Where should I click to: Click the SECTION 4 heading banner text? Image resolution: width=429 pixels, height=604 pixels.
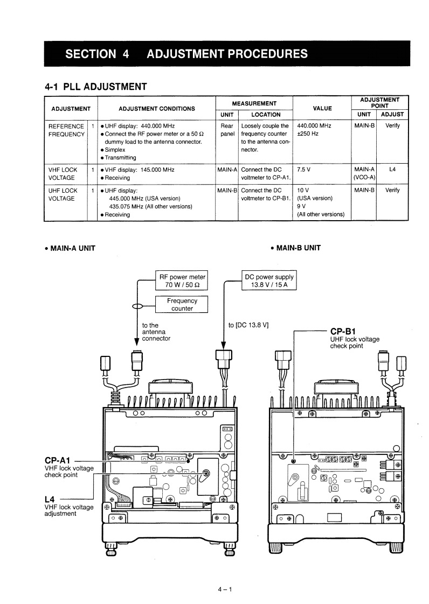click(186, 54)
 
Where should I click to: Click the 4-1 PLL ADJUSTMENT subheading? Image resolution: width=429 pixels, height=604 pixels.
click(96, 86)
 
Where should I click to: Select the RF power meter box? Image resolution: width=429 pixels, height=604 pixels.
click(182, 281)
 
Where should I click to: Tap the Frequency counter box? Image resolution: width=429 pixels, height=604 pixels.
click(182, 304)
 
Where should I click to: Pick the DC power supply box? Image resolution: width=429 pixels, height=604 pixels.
click(269, 281)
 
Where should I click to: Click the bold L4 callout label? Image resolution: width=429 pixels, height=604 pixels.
click(52, 499)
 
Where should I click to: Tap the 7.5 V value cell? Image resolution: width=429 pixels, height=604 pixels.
click(305, 170)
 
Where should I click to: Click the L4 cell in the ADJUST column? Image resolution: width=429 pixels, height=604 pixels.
click(392, 170)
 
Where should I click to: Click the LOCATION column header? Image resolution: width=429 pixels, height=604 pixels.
click(266, 114)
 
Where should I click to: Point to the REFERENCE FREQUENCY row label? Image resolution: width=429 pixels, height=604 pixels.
click(66, 130)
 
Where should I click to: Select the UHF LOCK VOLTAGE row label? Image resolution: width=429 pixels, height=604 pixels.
click(63, 194)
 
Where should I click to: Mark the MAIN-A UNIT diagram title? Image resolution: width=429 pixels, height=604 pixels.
click(70, 248)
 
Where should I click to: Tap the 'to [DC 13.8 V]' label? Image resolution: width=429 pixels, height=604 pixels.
click(248, 325)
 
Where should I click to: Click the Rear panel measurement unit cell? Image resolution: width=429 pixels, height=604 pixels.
click(227, 130)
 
